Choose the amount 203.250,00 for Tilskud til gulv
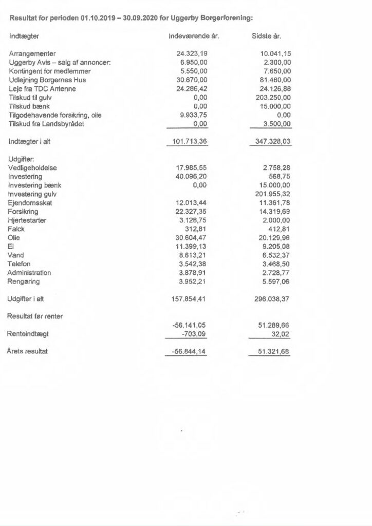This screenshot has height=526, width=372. point(272,98)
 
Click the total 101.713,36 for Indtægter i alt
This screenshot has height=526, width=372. point(189,142)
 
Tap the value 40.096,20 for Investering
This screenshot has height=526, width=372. point(191,176)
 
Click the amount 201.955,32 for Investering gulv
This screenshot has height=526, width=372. point(272,194)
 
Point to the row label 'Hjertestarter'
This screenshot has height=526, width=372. point(28,220)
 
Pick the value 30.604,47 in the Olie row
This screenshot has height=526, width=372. point(191,238)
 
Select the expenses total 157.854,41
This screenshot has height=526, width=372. point(189,298)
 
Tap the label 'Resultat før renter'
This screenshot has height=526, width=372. point(35,316)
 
